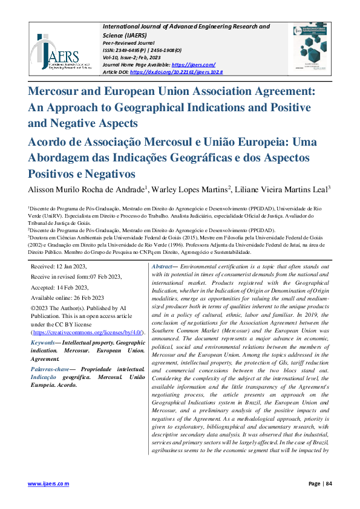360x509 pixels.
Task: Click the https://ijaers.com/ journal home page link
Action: (194, 65)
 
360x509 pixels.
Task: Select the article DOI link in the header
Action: (176, 72)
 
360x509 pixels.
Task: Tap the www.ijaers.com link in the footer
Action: (49, 484)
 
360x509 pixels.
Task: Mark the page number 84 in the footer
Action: (329, 484)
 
